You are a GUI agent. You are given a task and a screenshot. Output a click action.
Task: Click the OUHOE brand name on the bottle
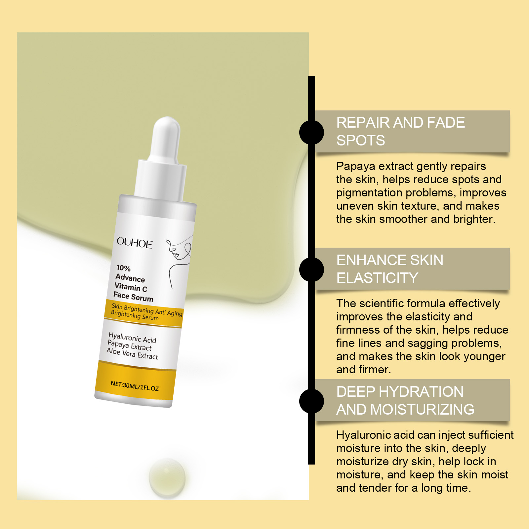pos(135,243)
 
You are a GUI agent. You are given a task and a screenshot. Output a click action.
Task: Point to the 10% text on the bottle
pos(123,268)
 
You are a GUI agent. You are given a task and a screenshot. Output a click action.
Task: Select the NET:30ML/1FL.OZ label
pos(135,386)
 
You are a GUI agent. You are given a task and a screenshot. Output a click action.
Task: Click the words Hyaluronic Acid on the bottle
pos(132,338)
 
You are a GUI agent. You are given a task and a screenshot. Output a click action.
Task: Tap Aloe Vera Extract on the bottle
pos(132,353)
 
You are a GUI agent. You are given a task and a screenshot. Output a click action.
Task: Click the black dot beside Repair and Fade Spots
pos(311,132)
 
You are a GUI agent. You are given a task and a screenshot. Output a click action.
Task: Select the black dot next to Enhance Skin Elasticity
pos(311,269)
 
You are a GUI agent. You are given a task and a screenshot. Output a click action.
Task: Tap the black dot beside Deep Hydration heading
pos(311,401)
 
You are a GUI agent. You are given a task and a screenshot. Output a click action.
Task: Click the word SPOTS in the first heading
pos(361,141)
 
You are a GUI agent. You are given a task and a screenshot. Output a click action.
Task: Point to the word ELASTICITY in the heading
pos(377,278)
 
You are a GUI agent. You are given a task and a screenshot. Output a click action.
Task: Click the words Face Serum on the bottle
pos(133,297)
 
